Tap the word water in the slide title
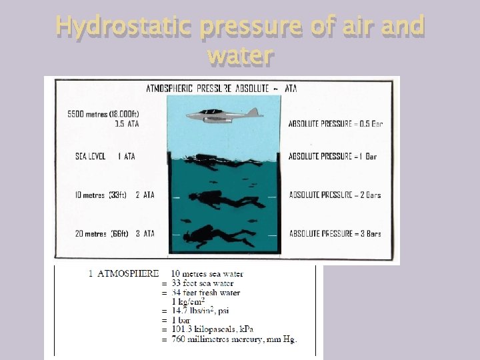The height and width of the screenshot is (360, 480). [x=240, y=55]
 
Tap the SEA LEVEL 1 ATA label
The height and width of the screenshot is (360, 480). [x=105, y=157]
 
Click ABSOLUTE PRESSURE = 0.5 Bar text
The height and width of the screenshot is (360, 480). [x=335, y=123]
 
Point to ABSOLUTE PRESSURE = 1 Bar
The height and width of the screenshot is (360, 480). [x=333, y=157]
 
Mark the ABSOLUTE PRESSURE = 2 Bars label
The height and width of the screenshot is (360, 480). [x=335, y=195]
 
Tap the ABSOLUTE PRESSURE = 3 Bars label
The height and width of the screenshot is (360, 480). [x=335, y=234]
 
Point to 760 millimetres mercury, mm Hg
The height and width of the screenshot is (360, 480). [x=234, y=339]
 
